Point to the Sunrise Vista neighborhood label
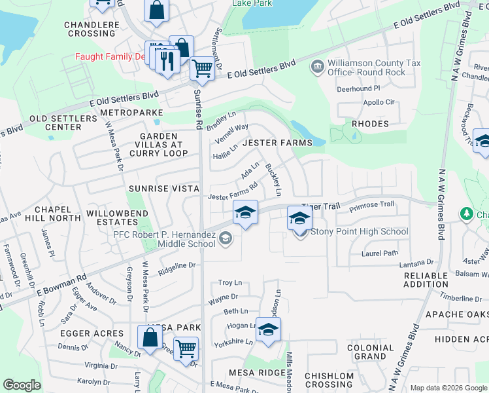tap(163, 189)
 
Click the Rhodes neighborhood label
tap(370, 123)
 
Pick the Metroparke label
tap(132, 113)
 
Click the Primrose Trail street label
tap(371, 204)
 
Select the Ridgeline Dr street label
tap(177, 265)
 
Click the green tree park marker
tap(466, 214)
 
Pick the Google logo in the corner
tap(22, 385)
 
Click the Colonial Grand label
tap(370, 352)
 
